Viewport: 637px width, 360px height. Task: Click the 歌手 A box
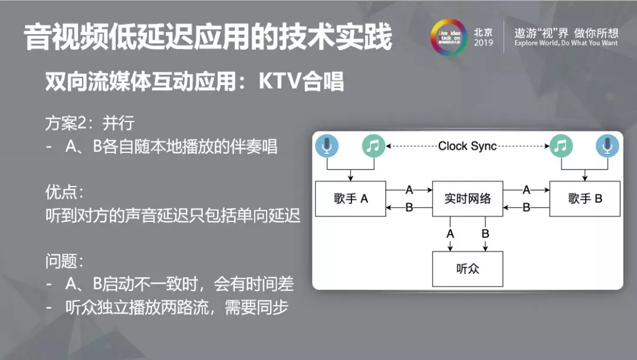tap(350, 199)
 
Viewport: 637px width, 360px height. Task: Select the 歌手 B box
tap(585, 199)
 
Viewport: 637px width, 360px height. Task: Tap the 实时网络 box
tap(468, 199)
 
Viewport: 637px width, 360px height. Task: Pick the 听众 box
tap(468, 269)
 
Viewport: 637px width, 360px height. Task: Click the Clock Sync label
tap(468, 146)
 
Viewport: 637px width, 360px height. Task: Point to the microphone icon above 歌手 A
tap(327, 146)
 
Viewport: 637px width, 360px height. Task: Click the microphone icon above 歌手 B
tap(608, 146)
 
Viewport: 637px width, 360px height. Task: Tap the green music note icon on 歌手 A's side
tap(373, 146)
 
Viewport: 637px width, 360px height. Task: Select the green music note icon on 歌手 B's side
tap(561, 146)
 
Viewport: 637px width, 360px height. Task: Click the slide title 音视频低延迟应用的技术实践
tap(208, 38)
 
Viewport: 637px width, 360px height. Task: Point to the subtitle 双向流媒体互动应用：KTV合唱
tap(195, 82)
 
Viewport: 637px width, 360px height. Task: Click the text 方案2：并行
tap(90, 123)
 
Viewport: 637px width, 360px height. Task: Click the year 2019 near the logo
tap(483, 43)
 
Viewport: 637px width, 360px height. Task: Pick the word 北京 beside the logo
tap(483, 32)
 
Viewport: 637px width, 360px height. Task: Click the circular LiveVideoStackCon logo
tap(448, 37)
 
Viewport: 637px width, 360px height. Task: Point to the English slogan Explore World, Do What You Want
tap(566, 43)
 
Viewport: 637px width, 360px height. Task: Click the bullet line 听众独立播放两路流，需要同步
tap(176, 307)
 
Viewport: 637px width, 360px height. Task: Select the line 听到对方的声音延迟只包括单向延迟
tap(173, 215)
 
